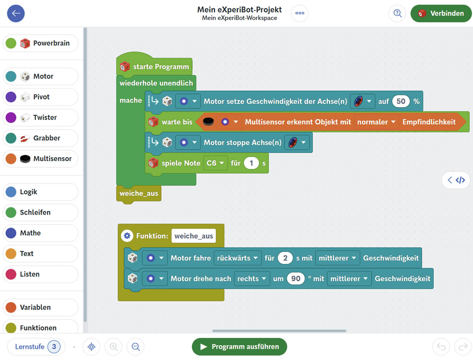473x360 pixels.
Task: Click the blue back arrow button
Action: tap(16, 14)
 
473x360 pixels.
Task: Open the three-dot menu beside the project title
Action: tap(300, 14)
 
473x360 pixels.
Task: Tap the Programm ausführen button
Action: tap(239, 346)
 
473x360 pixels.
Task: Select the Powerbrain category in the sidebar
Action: tap(40, 43)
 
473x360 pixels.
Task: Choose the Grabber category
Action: tap(40, 138)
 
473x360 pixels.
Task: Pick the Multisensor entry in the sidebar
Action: tap(40, 159)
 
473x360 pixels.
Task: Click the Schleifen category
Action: tap(40, 212)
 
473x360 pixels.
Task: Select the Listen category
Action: tap(40, 274)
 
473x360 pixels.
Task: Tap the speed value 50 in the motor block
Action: tap(401, 101)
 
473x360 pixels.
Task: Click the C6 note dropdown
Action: tap(215, 163)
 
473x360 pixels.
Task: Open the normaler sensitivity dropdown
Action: tap(376, 122)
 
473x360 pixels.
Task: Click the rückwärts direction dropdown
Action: tap(237, 258)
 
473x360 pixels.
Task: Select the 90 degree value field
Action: tap(296, 279)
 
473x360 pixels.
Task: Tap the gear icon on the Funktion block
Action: tap(127, 236)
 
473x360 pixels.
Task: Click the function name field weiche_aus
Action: tap(193, 236)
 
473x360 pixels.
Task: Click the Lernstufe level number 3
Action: tap(54, 346)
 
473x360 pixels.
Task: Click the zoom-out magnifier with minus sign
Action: tap(136, 346)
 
